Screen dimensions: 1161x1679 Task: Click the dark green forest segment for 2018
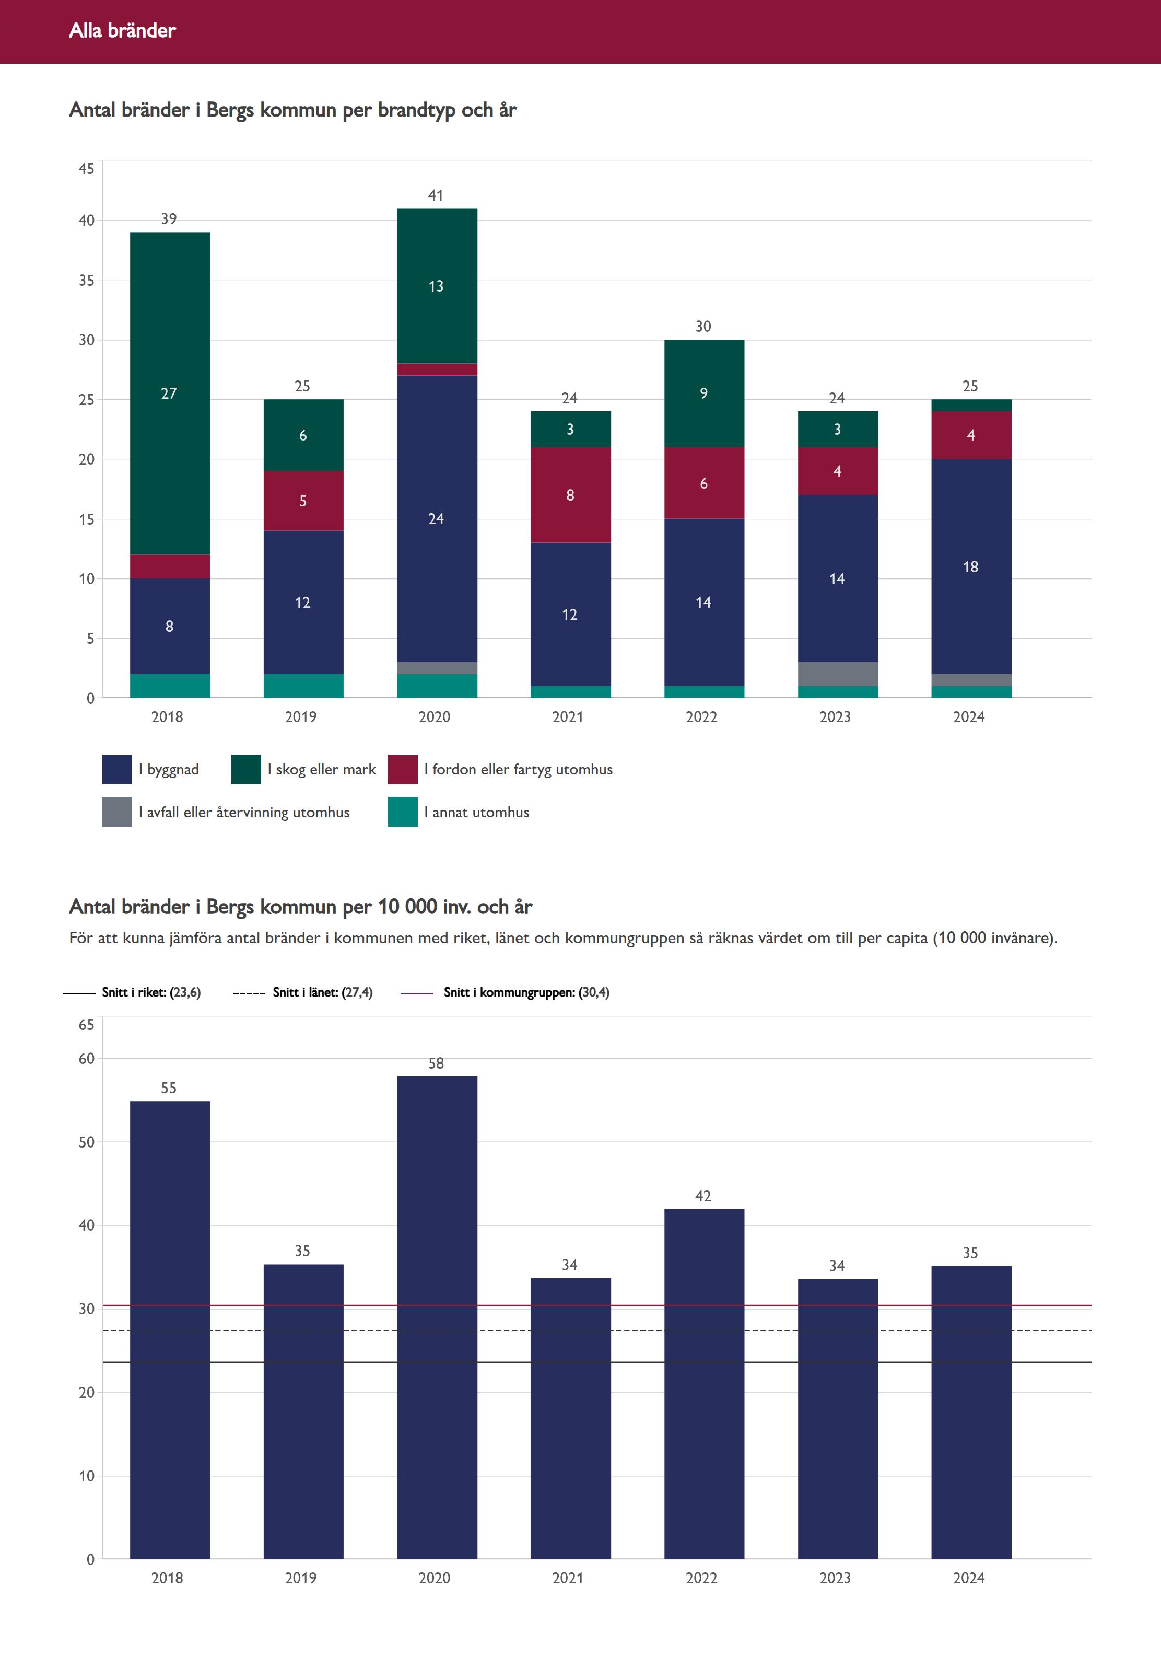click(x=170, y=393)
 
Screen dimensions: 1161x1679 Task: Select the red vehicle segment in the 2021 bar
click(x=570, y=495)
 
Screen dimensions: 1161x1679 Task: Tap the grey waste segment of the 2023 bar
click(x=837, y=674)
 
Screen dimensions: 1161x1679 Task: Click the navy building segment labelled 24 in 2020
click(x=437, y=519)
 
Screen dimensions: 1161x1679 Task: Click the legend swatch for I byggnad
click(x=117, y=769)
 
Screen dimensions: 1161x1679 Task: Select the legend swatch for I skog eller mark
click(x=246, y=769)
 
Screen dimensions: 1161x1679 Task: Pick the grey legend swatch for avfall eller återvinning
click(x=117, y=812)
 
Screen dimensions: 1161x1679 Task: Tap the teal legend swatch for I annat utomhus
click(x=403, y=812)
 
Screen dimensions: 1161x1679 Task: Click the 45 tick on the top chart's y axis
click(x=87, y=169)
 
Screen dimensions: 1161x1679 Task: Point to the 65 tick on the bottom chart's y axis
click(x=87, y=1025)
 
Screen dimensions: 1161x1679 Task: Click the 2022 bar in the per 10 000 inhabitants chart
click(x=704, y=1384)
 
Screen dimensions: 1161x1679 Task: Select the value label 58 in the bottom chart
click(x=436, y=1063)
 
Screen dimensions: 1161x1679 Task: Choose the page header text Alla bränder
click(x=122, y=30)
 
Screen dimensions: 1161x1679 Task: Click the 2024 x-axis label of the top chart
click(x=969, y=717)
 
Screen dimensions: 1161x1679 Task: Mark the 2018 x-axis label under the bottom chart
click(x=167, y=1578)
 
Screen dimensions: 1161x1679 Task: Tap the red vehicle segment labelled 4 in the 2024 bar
click(x=971, y=435)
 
